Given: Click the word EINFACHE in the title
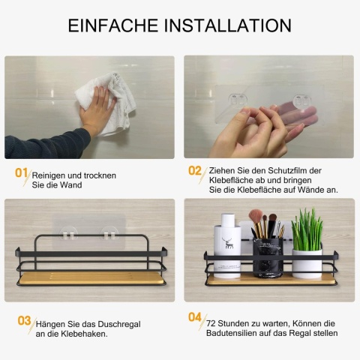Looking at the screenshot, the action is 113,25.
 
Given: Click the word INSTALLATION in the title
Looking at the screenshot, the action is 228,25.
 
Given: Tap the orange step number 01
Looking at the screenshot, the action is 21,172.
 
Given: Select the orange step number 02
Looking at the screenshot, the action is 195,171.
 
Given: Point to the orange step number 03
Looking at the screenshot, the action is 24,321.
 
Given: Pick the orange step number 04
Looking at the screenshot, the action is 195,317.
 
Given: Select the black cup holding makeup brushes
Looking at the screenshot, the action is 268,257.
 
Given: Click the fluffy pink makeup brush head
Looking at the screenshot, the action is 255,215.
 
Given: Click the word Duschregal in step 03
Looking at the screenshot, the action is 118,324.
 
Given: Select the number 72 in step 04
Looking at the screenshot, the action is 211,323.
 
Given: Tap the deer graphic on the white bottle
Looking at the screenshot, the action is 227,243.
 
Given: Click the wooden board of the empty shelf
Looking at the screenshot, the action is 91,278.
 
